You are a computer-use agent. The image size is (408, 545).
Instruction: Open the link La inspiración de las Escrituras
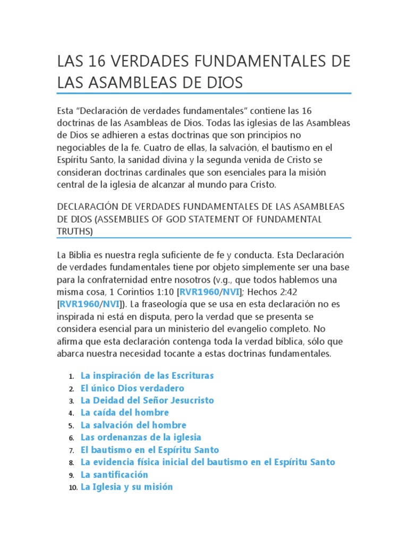click(x=147, y=376)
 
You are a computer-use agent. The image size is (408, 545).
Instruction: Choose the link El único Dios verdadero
click(x=132, y=388)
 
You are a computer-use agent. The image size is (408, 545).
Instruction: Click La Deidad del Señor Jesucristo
click(x=147, y=400)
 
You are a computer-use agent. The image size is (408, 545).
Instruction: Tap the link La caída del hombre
click(x=125, y=412)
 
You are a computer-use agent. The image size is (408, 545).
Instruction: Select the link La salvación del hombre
click(x=133, y=425)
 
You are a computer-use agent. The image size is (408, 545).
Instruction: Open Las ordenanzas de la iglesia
click(x=141, y=437)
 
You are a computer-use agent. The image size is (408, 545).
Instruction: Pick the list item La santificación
click(x=114, y=474)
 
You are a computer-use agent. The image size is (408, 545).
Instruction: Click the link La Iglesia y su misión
click(x=126, y=487)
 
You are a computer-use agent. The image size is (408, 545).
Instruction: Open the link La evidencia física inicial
click(x=208, y=462)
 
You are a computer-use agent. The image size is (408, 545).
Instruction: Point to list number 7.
click(x=71, y=450)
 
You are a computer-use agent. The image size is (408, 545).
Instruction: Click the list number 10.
click(x=73, y=488)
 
